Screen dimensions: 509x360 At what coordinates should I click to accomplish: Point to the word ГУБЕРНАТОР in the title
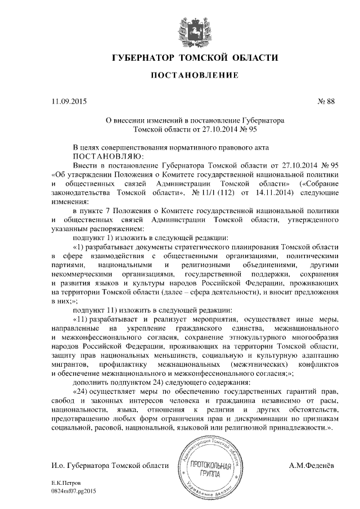tap(144, 58)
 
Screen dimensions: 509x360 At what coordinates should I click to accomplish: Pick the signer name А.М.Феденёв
tap(311, 466)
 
